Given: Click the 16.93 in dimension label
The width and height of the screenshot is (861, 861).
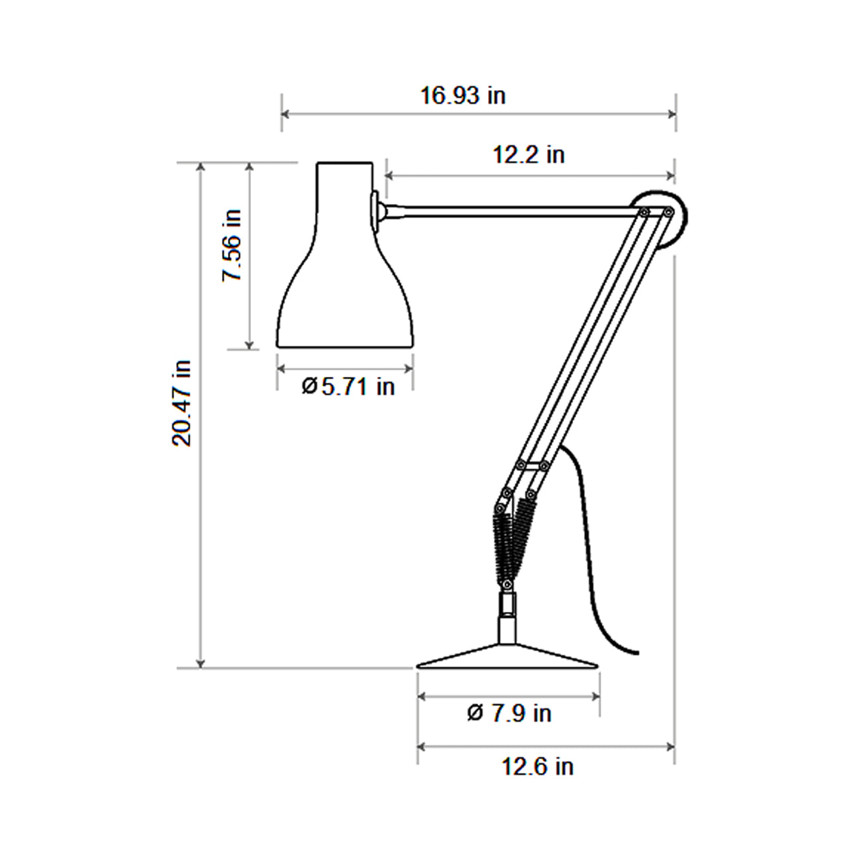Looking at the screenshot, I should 463,96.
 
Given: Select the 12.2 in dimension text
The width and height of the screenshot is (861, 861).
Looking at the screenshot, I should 529,155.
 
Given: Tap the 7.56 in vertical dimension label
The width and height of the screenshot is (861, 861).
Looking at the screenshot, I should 232,246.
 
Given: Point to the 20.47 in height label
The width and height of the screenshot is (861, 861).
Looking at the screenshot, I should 182,403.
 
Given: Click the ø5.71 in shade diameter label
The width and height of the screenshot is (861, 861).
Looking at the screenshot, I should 348,386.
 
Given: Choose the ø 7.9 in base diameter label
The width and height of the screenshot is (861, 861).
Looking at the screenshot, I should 509,713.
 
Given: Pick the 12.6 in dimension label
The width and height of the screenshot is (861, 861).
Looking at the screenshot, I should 537,767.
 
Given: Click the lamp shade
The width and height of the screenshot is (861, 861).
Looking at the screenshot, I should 344,278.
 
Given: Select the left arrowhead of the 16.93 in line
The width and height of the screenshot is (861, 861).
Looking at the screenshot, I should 285,113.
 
